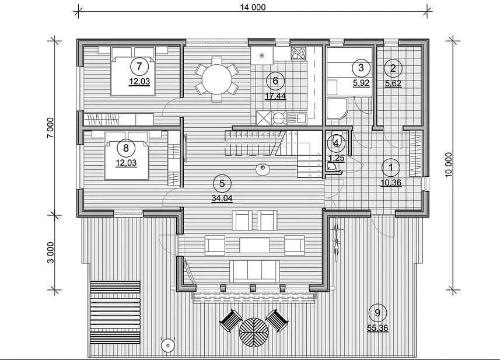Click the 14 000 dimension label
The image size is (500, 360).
[253, 7]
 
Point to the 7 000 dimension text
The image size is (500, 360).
[51, 128]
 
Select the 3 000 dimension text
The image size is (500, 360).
[51, 253]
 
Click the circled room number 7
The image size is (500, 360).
[139, 67]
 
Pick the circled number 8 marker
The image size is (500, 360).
[126, 148]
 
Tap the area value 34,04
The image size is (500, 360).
[222, 198]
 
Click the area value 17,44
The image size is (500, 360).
[275, 96]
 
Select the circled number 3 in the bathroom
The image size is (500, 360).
[361, 68]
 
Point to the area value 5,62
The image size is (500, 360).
[393, 84]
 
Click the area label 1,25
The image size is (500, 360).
[336, 159]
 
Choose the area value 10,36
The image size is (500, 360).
[391, 183]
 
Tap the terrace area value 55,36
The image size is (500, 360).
[378, 328]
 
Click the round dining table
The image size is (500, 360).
[217, 79]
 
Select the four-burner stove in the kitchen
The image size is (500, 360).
[299, 53]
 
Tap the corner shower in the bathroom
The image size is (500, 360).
[337, 109]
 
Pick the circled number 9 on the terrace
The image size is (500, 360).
[377, 313]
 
